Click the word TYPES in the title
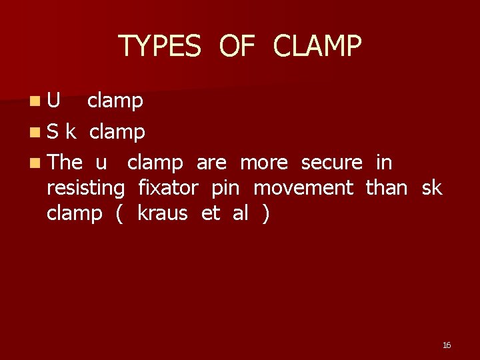point(159,46)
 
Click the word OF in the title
point(237,46)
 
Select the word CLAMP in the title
point(317,46)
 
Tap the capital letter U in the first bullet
point(54,101)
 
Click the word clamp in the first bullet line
point(115,101)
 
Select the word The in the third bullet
point(65,162)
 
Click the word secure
point(332,162)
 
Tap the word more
point(263,162)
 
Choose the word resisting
point(85,189)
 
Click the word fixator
point(168,188)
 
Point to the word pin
point(225,189)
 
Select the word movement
point(303,188)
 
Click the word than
point(387,188)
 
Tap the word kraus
point(162,213)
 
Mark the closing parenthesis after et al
point(266,214)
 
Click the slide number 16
point(447,345)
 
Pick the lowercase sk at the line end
point(431,188)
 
